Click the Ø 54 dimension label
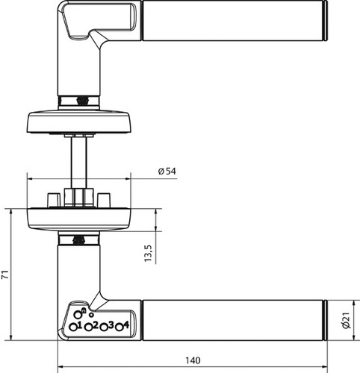tap(167, 171)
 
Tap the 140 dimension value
tap(193, 360)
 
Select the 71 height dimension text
tap(5, 274)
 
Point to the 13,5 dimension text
tap(148, 253)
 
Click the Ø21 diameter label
tap(346, 320)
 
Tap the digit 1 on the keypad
tap(80, 325)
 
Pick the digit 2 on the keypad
tap(95, 325)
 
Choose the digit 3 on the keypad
tap(111, 325)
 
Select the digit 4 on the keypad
tap(126, 325)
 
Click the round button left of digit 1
tap(73, 327)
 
